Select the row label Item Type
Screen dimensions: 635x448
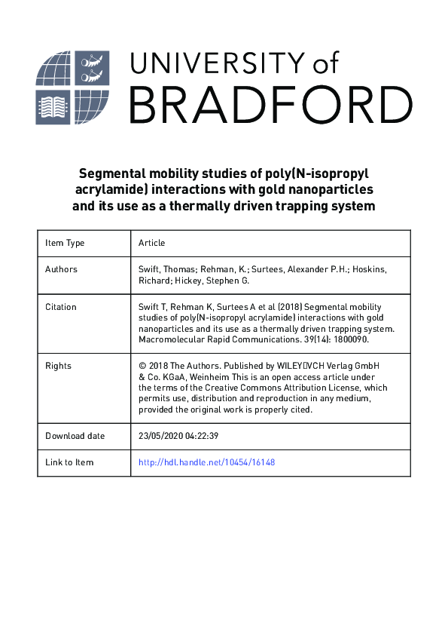tap(65, 243)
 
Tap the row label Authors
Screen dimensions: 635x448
tap(61, 269)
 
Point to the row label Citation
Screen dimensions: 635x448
tap(61, 307)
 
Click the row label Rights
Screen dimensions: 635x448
tap(58, 366)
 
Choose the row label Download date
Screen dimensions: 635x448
tap(75, 436)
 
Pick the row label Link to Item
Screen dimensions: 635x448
tap(69, 462)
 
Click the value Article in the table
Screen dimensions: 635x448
tap(151, 243)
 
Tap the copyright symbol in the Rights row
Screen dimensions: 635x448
tap(142, 367)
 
